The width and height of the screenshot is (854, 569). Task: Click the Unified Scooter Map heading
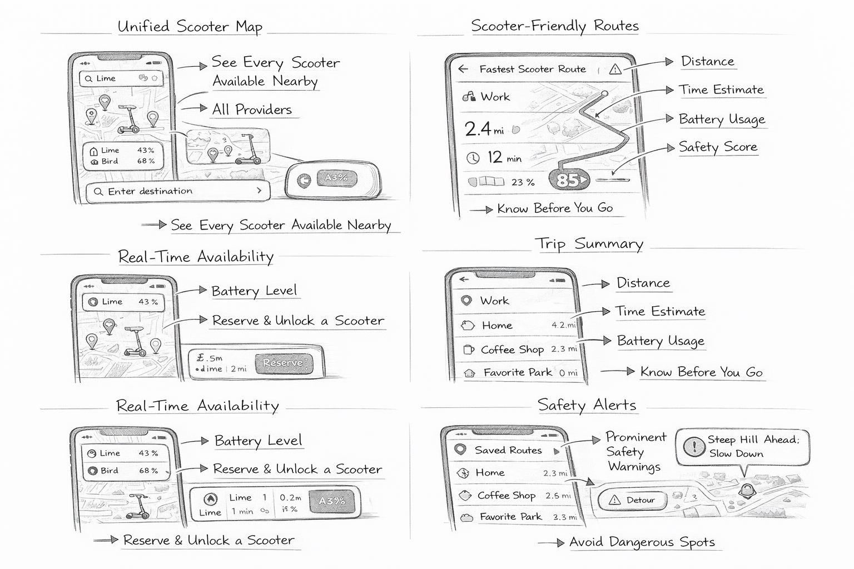click(x=190, y=27)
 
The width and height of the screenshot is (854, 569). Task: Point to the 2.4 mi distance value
click(x=484, y=129)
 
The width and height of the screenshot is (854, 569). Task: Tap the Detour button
click(x=633, y=500)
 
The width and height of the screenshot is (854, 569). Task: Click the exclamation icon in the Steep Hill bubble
click(x=694, y=447)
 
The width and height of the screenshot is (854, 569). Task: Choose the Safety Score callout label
click(x=718, y=147)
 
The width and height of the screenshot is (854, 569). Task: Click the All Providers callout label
click(x=252, y=109)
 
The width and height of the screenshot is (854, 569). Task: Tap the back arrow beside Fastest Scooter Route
click(x=463, y=69)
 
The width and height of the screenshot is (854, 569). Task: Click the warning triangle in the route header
click(x=615, y=69)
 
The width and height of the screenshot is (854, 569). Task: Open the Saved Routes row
click(x=507, y=450)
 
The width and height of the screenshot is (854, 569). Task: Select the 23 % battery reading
click(x=523, y=182)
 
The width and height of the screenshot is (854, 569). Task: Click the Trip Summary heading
click(x=589, y=244)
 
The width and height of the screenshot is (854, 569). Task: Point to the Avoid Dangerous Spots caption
click(x=642, y=542)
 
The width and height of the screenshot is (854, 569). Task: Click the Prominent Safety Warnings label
click(x=635, y=452)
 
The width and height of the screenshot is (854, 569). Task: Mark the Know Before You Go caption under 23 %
click(x=554, y=208)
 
